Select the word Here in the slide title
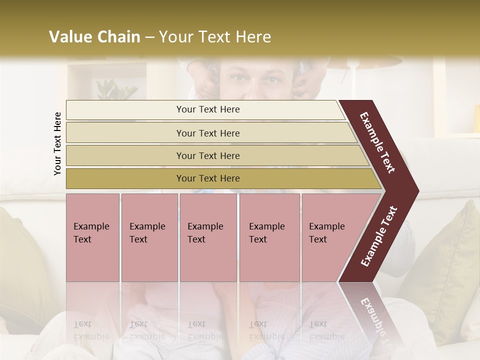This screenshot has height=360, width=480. [x=252, y=37]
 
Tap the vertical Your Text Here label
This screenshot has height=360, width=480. [x=57, y=143]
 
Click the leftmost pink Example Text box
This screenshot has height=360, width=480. [x=92, y=237]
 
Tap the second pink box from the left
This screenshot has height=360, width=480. [x=149, y=237]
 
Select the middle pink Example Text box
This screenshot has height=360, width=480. [x=208, y=237]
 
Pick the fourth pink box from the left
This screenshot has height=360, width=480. [x=269, y=237]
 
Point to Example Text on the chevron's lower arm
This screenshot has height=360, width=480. [x=379, y=236]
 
